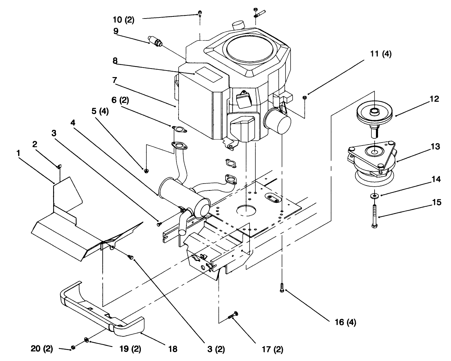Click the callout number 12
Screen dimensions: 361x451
434,99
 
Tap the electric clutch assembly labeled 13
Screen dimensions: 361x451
372,161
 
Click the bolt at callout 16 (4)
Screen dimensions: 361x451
282,288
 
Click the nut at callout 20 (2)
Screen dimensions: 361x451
73,348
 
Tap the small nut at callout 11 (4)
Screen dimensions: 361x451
305,98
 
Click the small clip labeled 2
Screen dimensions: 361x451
59,167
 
